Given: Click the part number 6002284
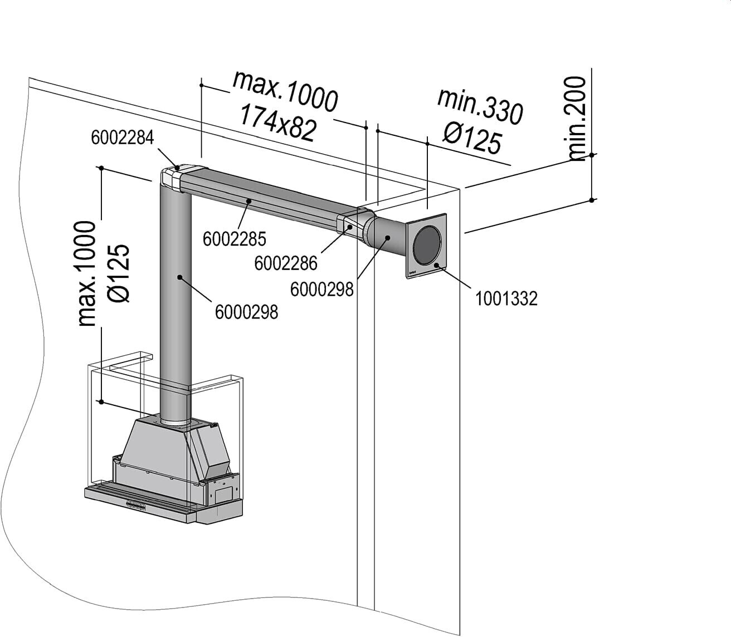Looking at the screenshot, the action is click(x=122, y=138).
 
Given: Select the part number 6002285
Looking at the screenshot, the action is click(x=235, y=239).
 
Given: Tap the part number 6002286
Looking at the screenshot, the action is click(x=285, y=262).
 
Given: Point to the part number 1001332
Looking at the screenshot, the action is click(x=506, y=299).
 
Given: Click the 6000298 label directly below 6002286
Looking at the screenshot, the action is click(x=322, y=289).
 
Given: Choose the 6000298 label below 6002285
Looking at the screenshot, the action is click(x=246, y=312).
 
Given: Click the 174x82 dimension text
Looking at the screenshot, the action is click(x=277, y=123).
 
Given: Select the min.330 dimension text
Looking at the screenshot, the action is click(x=480, y=105).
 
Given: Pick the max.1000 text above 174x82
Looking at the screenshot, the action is click(x=285, y=91).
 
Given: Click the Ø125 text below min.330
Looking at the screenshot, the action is click(x=472, y=136).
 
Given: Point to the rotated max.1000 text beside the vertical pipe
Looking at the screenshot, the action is click(x=88, y=273).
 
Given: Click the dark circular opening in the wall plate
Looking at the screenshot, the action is click(x=427, y=245).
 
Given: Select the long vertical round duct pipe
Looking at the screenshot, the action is click(x=176, y=312).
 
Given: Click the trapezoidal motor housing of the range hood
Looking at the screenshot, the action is click(x=162, y=443).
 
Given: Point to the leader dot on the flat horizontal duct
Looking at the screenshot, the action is click(x=248, y=201).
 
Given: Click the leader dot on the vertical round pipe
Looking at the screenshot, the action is click(x=179, y=276).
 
